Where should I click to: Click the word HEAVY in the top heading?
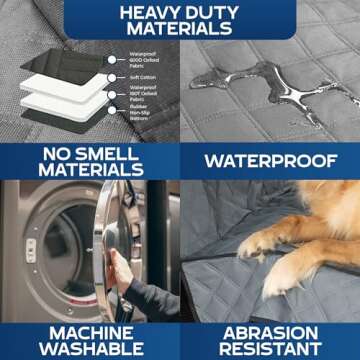pos(147,14)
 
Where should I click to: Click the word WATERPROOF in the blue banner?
pos(269,160)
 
